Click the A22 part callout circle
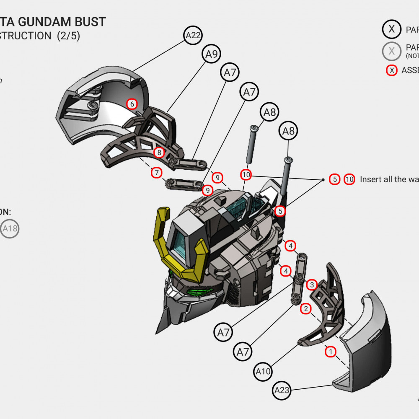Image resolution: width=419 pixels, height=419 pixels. (193, 35)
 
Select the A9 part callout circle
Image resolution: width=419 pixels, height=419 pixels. (212, 54)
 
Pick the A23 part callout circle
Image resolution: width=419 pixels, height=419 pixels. (282, 391)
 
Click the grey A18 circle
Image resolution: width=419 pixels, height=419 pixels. (10, 229)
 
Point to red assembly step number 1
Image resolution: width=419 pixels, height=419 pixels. (331, 352)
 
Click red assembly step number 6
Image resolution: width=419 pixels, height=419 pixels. (132, 104)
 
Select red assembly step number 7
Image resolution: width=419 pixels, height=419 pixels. (156, 172)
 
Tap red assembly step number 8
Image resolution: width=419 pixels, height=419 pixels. (159, 153)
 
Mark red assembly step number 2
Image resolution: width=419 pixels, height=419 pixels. (306, 309)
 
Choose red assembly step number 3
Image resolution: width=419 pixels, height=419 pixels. (311, 285)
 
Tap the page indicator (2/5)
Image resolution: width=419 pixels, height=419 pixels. (68, 36)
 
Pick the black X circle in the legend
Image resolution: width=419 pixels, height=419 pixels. (392, 29)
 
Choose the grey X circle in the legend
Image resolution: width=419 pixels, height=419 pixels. (392, 51)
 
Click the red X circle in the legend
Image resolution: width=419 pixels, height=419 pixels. (392, 70)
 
